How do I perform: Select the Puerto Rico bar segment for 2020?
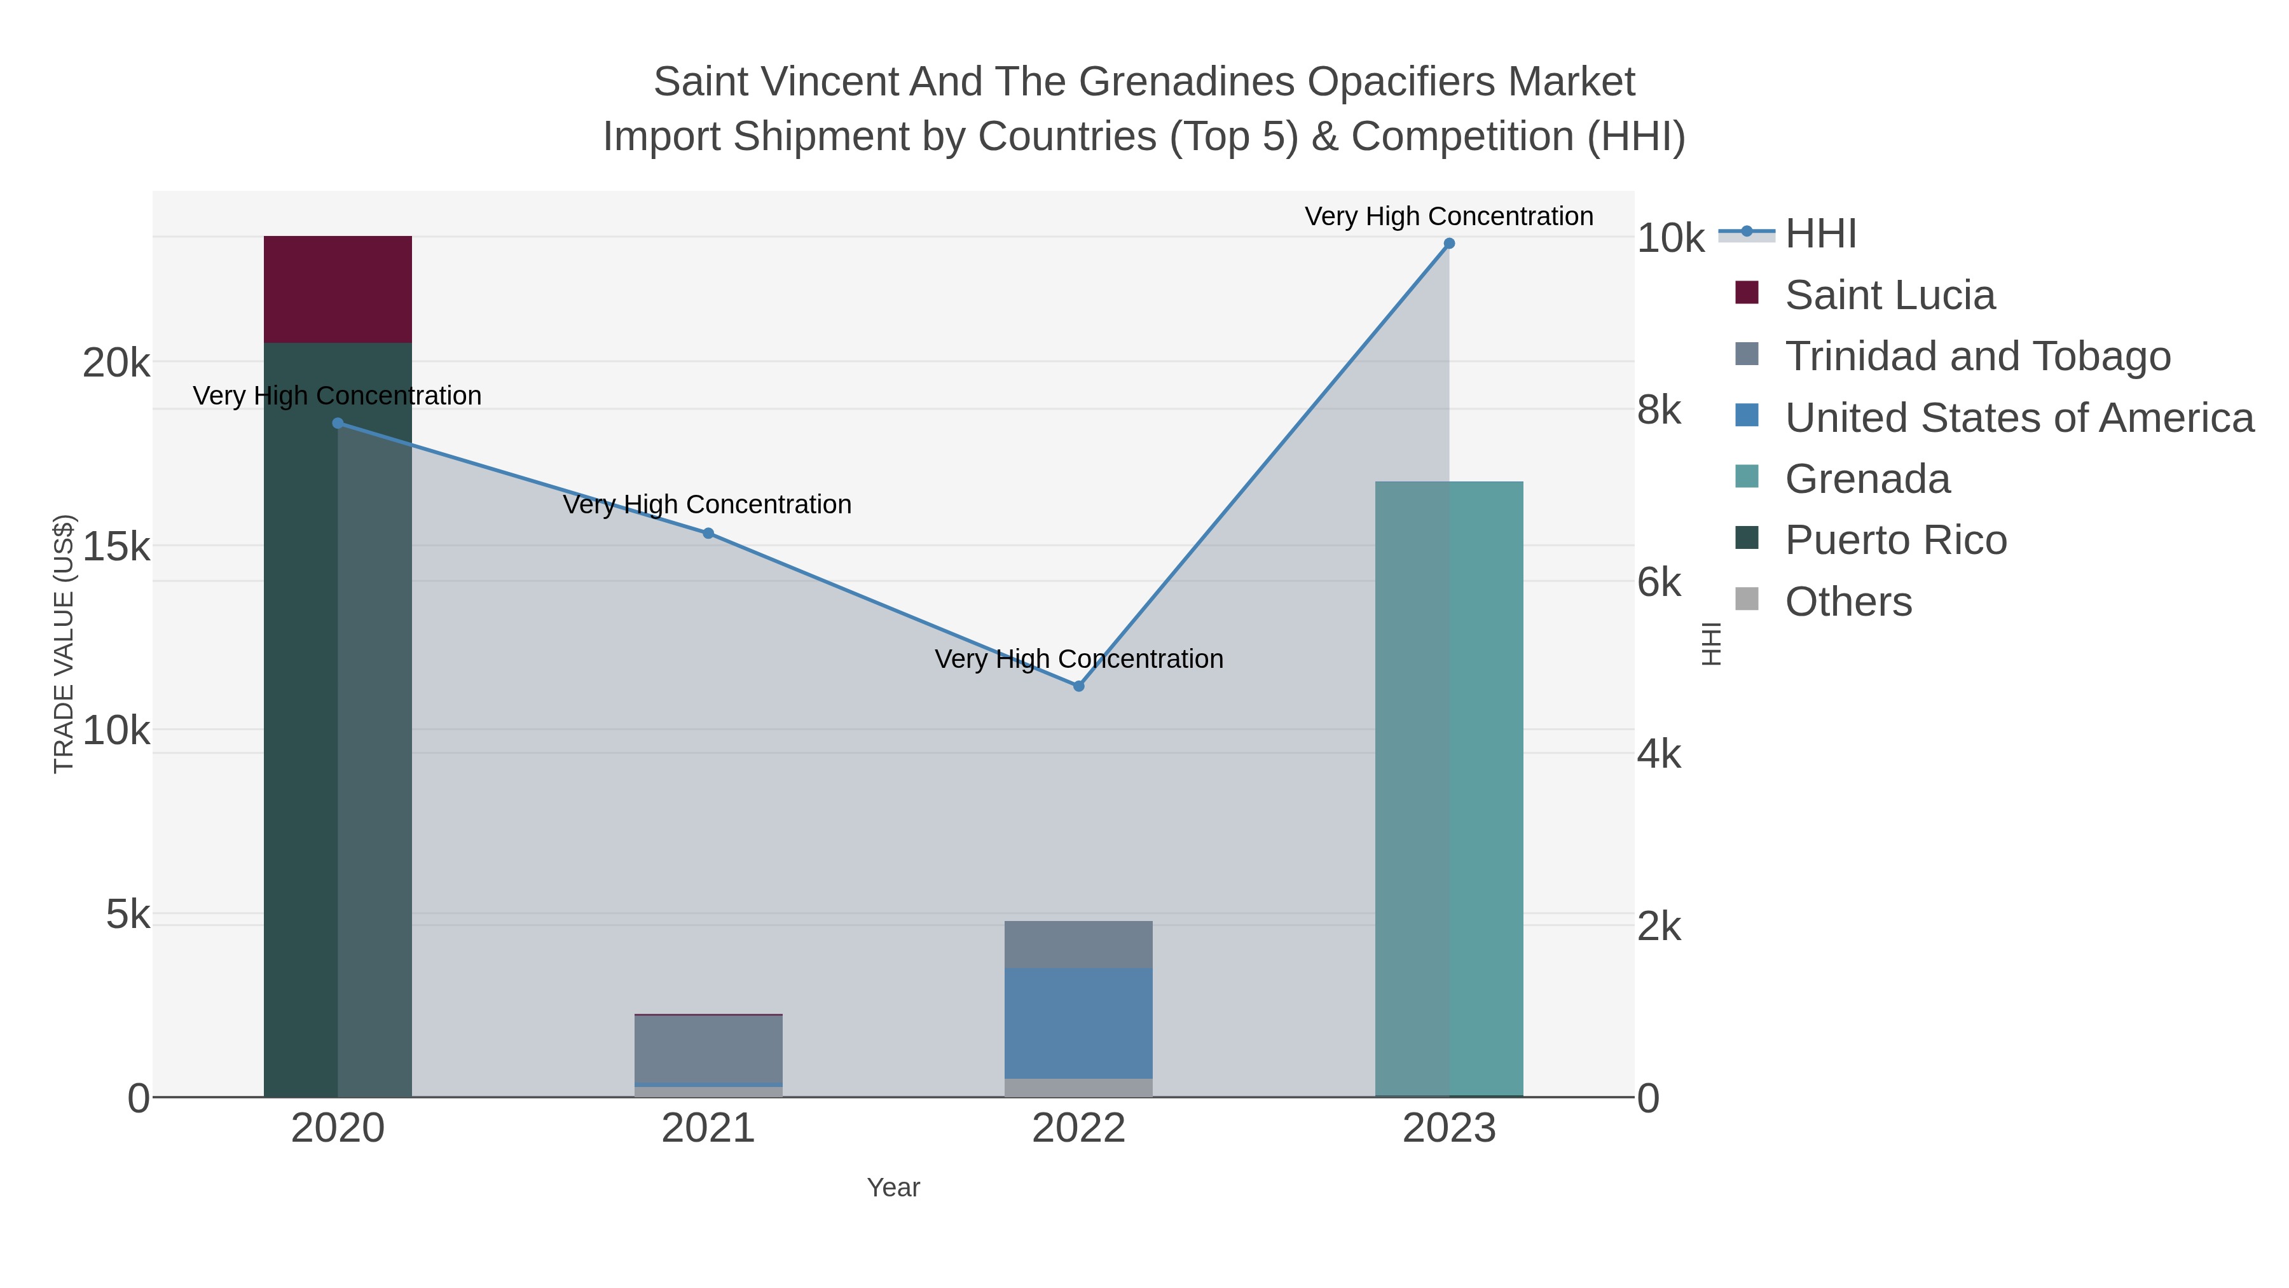[x=338, y=720]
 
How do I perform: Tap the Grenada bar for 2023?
[x=1449, y=789]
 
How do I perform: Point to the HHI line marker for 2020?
[x=338, y=423]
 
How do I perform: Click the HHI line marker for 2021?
[x=708, y=534]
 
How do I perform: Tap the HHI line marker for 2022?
[x=1079, y=686]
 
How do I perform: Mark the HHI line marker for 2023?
[x=1449, y=244]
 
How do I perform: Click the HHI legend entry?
[x=1788, y=234]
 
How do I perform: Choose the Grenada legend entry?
[x=1843, y=479]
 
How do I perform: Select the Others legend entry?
[x=1824, y=602]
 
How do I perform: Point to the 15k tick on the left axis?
[x=116, y=546]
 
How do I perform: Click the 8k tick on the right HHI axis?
[x=1659, y=411]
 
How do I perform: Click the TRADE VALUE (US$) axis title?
[x=64, y=644]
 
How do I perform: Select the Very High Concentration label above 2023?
[x=1449, y=216]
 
